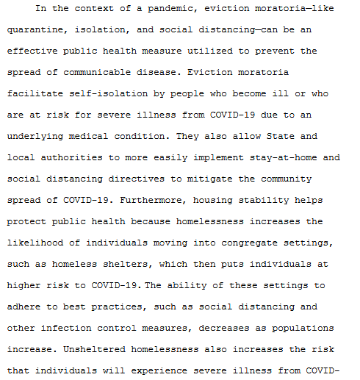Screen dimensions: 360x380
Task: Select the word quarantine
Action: coord(34,31)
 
